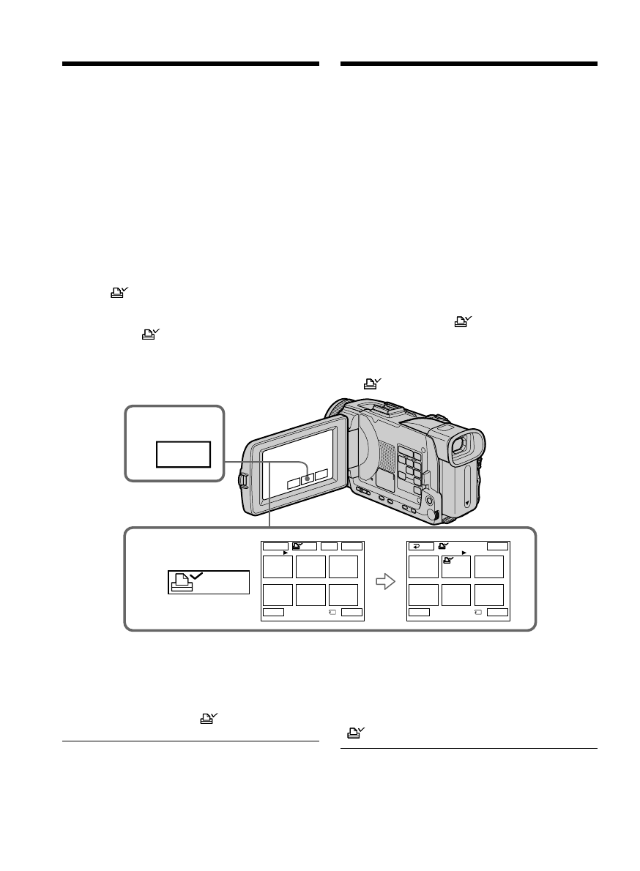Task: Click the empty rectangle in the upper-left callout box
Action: pos(183,455)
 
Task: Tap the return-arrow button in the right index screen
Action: pos(420,546)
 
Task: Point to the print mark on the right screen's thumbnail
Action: pos(448,561)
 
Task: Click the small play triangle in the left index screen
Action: pos(285,553)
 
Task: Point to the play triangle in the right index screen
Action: pos(464,553)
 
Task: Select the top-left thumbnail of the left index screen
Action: pos(277,567)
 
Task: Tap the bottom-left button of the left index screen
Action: pos(274,611)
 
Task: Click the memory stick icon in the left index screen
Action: pos(332,612)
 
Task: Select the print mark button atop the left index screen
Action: pos(304,546)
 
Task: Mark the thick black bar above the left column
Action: pos(190,64)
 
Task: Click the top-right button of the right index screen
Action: pos(497,546)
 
